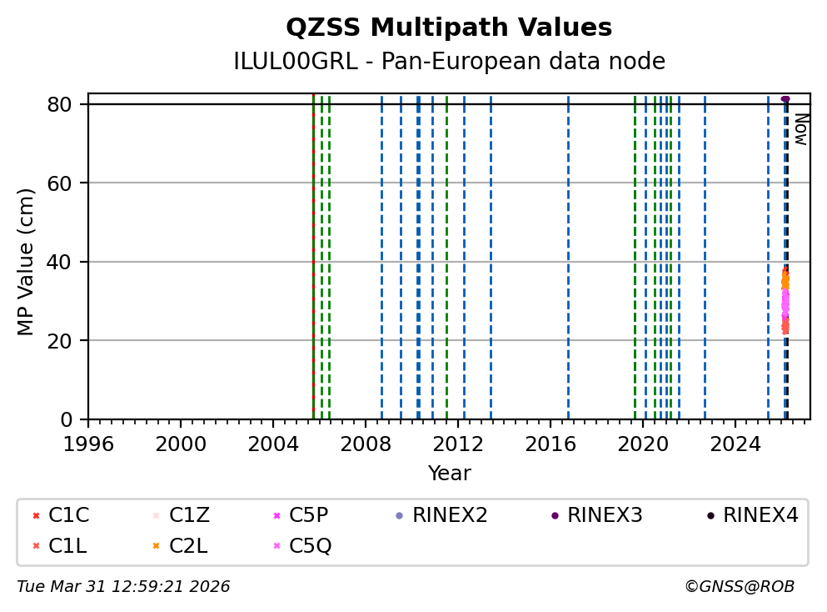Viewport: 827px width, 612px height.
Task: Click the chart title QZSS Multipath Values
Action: (x=449, y=28)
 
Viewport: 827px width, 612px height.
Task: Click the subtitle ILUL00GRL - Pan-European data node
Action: (x=449, y=62)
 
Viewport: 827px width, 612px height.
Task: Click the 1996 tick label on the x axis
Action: (x=88, y=442)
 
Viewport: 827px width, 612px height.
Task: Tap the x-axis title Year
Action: (x=449, y=474)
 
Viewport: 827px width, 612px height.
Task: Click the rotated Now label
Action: (x=800, y=129)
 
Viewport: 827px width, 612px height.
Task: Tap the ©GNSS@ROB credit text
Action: (x=739, y=587)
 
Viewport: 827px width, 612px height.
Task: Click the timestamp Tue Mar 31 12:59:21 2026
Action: (x=123, y=587)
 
